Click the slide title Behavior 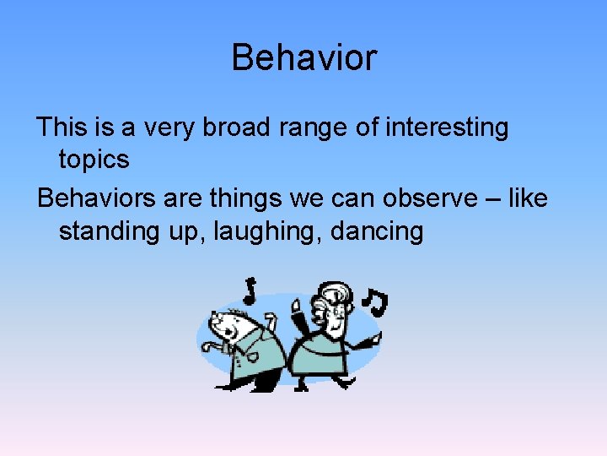[x=303, y=58]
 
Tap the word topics [x=94, y=160]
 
